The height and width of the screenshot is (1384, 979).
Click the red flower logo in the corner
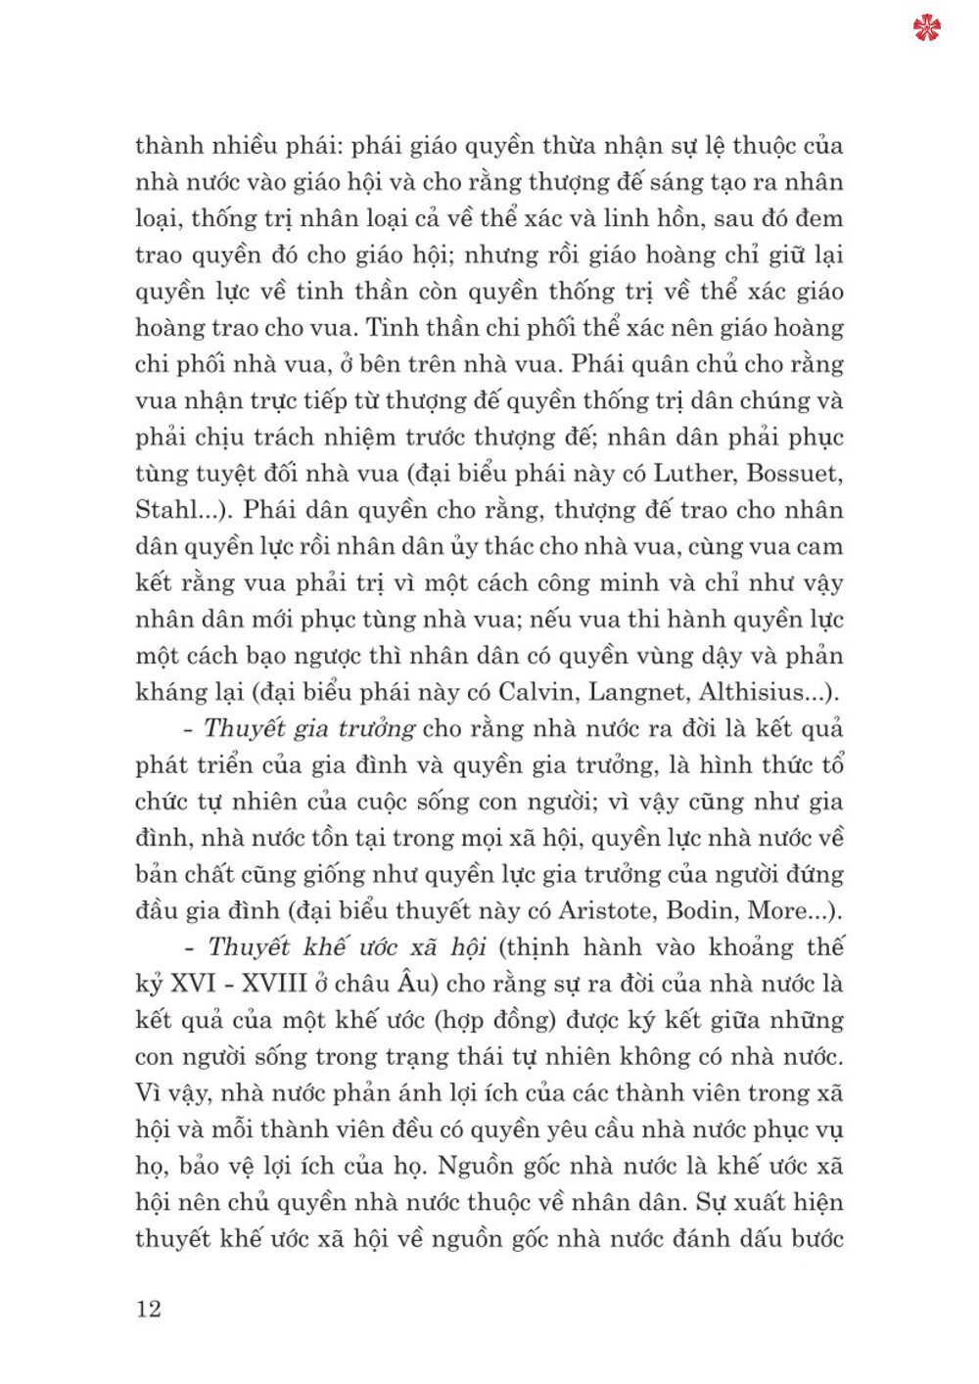pos(926,27)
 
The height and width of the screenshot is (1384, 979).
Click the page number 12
pos(149,1310)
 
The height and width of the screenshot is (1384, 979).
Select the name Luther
pos(693,474)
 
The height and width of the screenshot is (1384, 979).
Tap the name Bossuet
pos(794,474)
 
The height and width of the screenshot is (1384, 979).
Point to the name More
pos(777,910)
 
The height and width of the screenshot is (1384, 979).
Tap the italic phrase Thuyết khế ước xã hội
pos(348,947)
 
